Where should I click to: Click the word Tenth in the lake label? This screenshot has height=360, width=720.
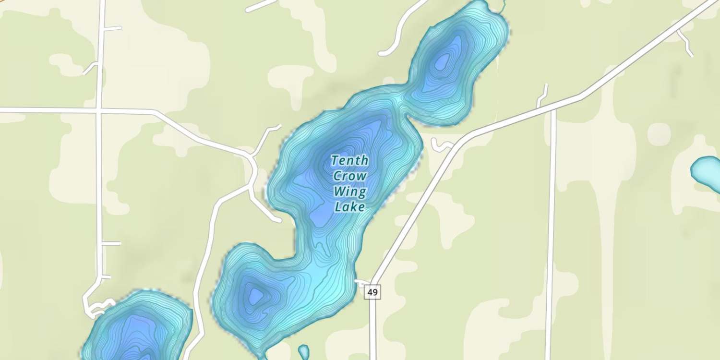click(x=350, y=160)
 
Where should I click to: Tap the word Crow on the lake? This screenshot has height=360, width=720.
click(x=350, y=176)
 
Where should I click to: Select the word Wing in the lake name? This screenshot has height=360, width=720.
click(x=350, y=192)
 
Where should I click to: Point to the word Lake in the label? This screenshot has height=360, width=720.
click(x=350, y=207)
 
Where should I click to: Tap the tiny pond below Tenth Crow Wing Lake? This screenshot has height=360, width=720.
click(x=303, y=352)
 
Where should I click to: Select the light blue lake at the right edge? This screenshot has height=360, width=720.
click(x=707, y=171)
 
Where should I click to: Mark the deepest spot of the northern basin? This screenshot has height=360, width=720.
click(x=442, y=62)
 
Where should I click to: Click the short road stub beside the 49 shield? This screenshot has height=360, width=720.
click(x=361, y=282)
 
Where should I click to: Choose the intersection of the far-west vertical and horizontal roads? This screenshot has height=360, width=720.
click(x=99, y=111)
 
